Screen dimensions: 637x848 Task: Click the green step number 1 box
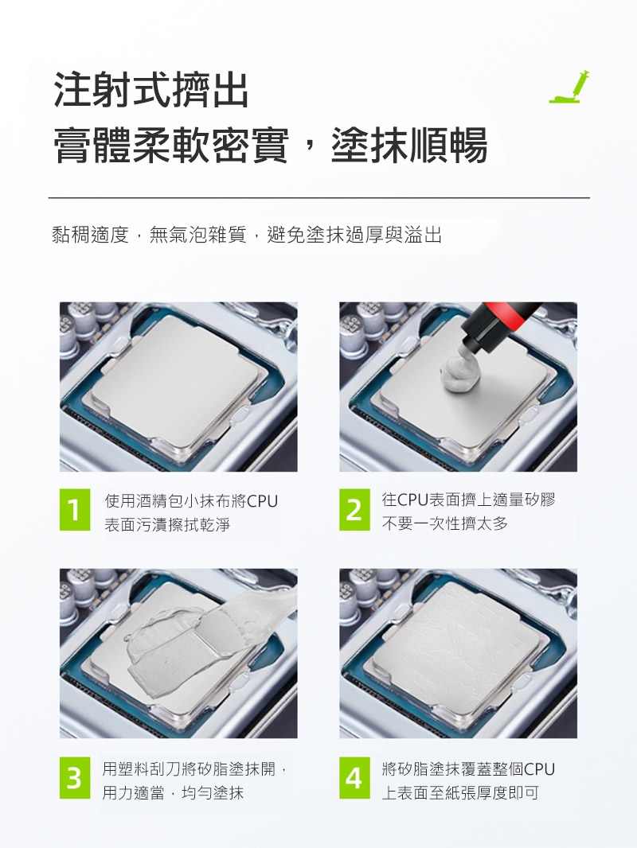coord(75,509)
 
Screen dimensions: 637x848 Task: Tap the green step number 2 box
coord(354,509)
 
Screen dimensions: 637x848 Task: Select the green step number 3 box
coord(75,778)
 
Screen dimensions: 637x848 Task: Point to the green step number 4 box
coord(354,778)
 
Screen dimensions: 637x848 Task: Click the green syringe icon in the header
coord(569,87)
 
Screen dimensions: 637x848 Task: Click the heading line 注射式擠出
coord(151,90)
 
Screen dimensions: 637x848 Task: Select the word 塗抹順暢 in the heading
coord(409,145)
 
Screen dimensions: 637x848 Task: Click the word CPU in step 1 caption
coord(263,501)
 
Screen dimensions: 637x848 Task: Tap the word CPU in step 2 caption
coord(413,499)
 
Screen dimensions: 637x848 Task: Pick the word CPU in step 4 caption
coord(540,768)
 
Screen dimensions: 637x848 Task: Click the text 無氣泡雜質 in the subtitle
coord(198,235)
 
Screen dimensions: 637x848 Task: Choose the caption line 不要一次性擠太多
coord(445,523)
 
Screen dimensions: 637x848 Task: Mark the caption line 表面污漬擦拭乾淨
coord(167,524)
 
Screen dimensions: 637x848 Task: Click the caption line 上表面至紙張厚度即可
coord(460,793)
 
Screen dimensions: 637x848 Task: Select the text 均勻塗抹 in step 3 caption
coord(213,793)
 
